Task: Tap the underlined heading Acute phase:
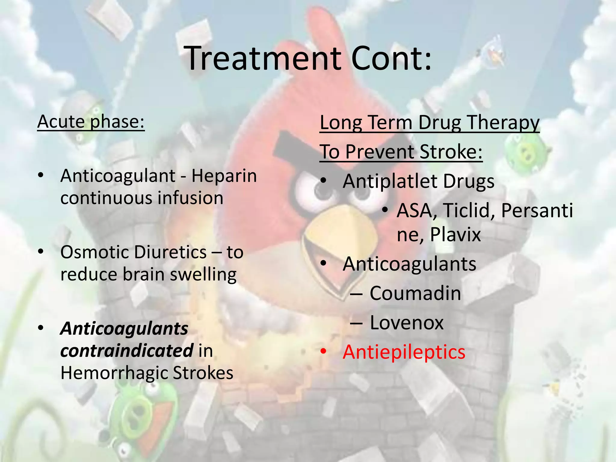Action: (91, 122)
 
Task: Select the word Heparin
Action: (224, 176)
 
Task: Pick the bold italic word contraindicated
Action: (127, 351)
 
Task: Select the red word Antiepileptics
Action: (404, 352)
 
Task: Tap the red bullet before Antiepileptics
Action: (323, 351)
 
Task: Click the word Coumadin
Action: (415, 293)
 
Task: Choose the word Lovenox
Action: (407, 323)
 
